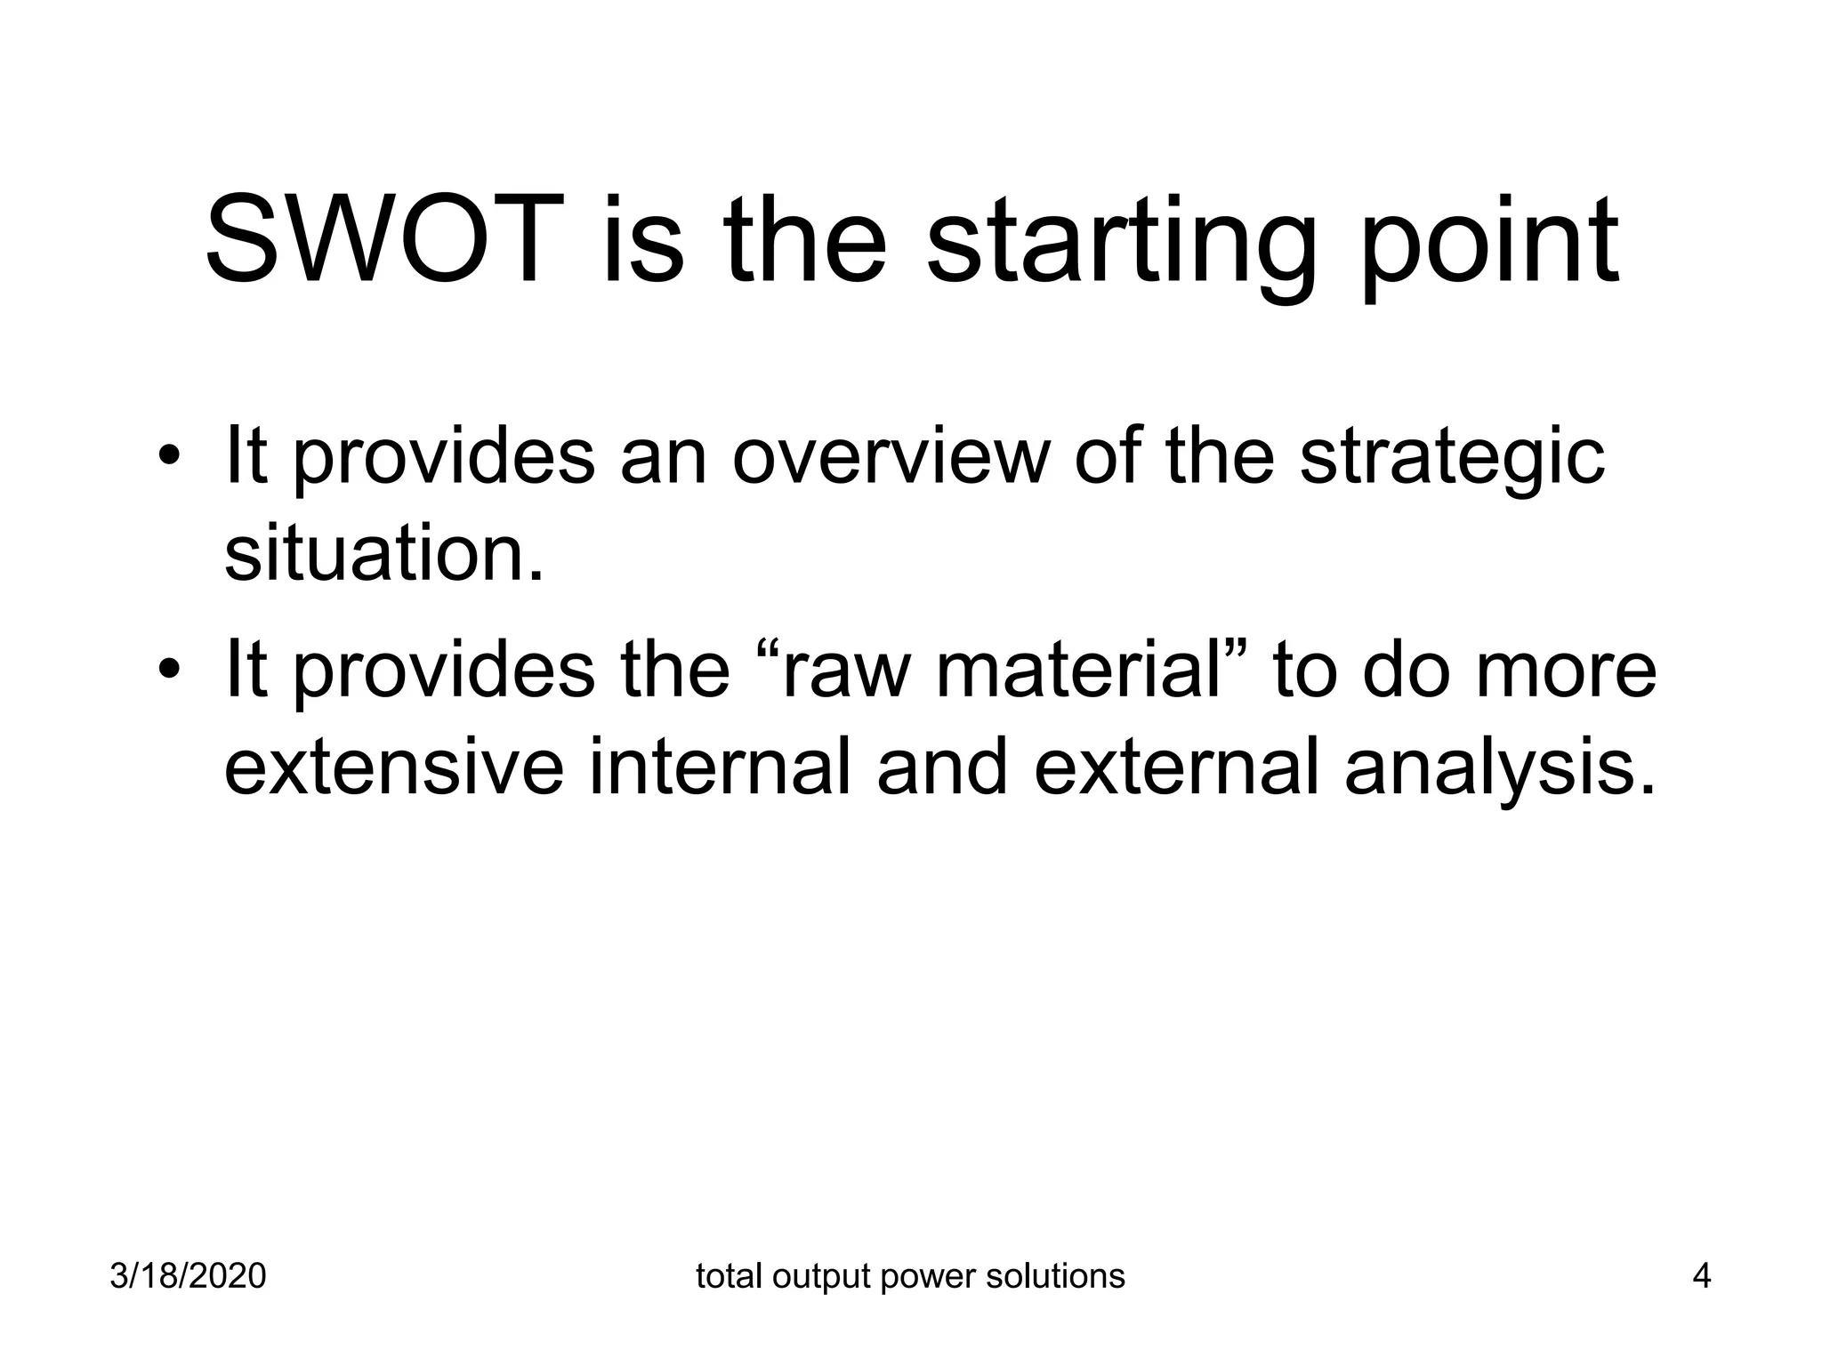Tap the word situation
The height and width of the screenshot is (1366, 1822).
pyautogui.click(x=383, y=554)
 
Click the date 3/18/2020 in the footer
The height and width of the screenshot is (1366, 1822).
pyautogui.click(x=188, y=1276)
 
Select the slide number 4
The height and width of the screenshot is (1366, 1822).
pyautogui.click(x=1701, y=1276)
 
